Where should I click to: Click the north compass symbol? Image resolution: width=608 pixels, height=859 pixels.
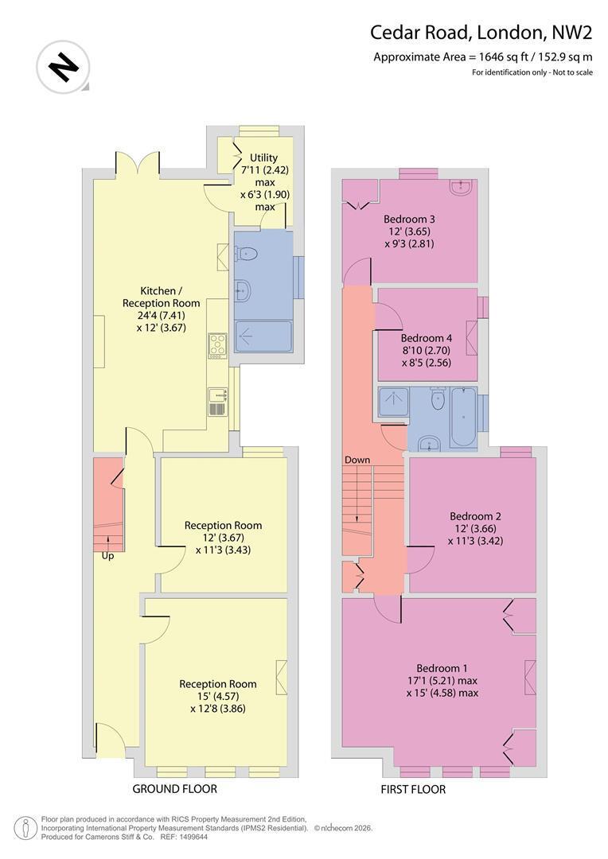pos(63,68)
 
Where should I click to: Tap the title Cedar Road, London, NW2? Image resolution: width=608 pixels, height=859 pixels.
pos(481,33)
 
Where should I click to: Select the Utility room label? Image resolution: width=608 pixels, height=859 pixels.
pos(263,157)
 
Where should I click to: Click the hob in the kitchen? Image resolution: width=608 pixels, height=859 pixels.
pos(217,346)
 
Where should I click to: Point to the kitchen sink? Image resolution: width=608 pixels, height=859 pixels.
pos(217,402)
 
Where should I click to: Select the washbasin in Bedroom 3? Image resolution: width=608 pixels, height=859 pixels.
pos(461,188)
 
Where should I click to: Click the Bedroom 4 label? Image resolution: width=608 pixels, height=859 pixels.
pos(426,338)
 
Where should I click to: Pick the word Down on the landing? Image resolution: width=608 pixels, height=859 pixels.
pos(357,460)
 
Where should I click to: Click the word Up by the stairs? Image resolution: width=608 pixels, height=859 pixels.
pos(107,555)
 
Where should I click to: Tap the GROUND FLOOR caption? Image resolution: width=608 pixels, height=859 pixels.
pos(175,789)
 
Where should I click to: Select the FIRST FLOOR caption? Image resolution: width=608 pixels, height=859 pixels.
pos(413,790)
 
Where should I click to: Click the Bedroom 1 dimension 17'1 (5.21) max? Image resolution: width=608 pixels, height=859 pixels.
pos(442,680)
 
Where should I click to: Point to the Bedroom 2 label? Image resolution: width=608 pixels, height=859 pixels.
pos(475,516)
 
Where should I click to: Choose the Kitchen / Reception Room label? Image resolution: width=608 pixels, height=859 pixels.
pos(162,297)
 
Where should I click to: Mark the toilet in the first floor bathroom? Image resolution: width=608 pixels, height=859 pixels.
pos(438,398)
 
